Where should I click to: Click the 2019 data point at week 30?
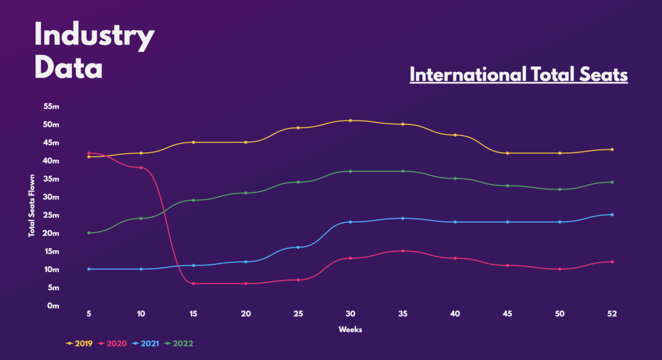(350, 120)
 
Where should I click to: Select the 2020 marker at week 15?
(194, 283)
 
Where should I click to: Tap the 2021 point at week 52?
(612, 214)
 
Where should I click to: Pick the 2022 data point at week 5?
(89, 233)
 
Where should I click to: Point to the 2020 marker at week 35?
(403, 251)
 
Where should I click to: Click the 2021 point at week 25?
(298, 247)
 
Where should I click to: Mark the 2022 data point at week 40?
(455, 178)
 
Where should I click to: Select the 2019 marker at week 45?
(508, 153)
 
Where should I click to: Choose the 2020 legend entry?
(113, 343)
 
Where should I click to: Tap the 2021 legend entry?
(146, 343)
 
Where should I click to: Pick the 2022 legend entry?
(179, 343)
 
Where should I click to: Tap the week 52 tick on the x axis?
(612, 314)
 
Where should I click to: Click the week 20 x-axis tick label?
(246, 314)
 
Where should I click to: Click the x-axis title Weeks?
(350, 330)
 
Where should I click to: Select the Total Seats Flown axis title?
(32, 206)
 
